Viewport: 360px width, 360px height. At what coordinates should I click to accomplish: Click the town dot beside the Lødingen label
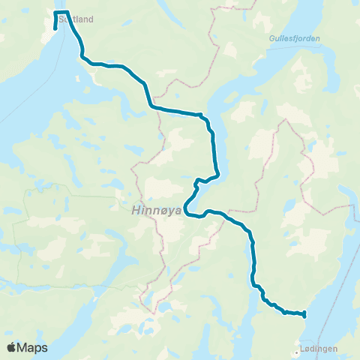pyautogui.click(x=295, y=349)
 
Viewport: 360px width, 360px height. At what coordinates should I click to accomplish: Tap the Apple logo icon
pyautogui.click(x=11, y=347)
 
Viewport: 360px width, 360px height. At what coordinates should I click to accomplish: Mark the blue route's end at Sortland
pyautogui.click(x=55, y=29)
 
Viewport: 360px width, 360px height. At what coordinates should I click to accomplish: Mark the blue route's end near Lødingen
pyautogui.click(x=304, y=316)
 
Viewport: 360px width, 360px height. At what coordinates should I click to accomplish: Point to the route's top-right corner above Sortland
pyautogui.click(x=67, y=13)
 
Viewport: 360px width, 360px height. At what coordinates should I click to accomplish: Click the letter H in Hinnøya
pyautogui.click(x=135, y=211)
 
